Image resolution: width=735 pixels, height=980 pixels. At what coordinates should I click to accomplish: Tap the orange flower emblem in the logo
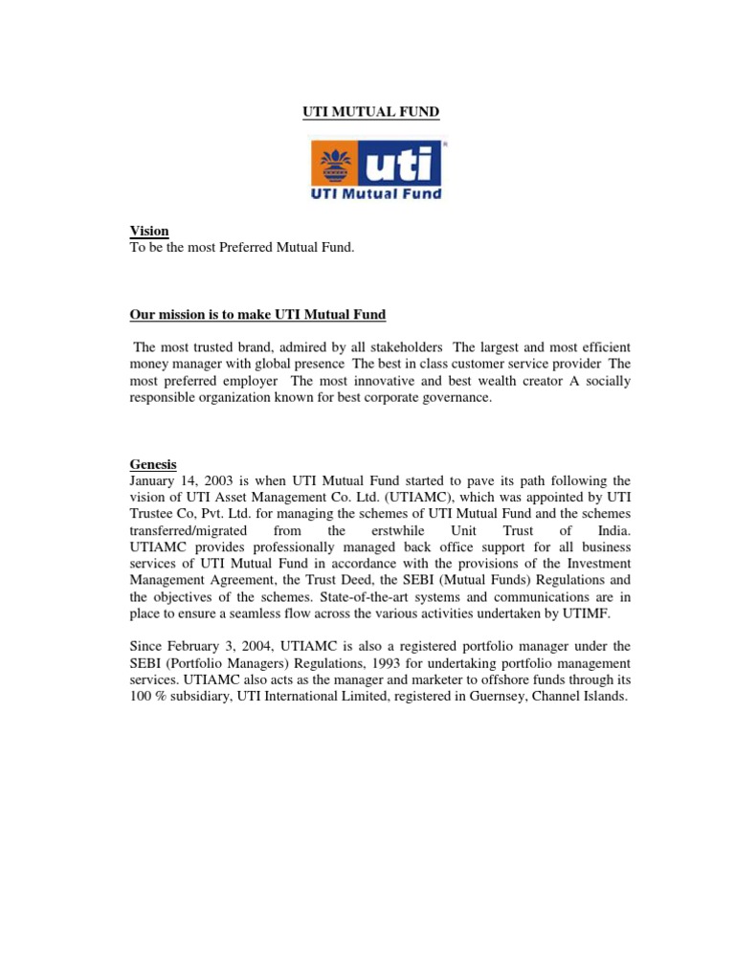click(x=335, y=164)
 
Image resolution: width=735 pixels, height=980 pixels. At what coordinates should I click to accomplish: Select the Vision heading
click(x=149, y=231)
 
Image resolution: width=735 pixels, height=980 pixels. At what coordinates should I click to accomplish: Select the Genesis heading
click(x=153, y=464)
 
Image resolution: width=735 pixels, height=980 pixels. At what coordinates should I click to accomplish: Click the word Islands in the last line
click(x=600, y=698)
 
